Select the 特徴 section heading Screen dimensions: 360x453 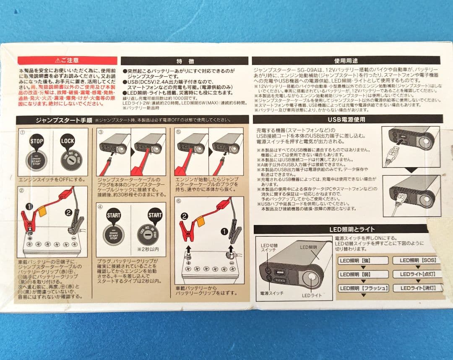click(184, 61)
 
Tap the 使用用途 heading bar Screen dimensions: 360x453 click(346, 60)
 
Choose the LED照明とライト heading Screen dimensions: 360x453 click(346, 229)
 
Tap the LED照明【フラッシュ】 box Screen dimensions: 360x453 click(363, 288)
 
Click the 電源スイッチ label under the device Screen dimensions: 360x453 click(272, 293)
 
